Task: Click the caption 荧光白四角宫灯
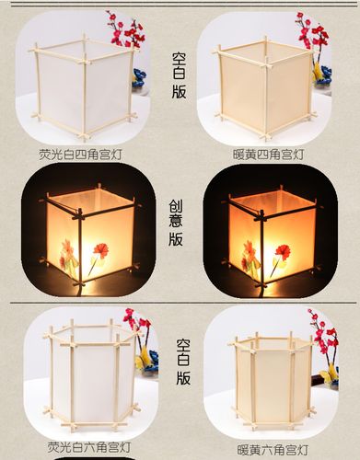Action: [x=80, y=155]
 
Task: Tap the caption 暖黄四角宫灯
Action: [x=268, y=155]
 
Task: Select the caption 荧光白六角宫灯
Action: [x=89, y=447]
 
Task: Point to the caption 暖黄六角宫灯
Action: [x=273, y=451]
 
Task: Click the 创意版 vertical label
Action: [x=176, y=224]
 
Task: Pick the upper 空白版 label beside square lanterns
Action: [x=179, y=75]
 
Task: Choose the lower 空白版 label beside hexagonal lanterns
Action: [x=183, y=362]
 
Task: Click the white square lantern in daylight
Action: [x=84, y=87]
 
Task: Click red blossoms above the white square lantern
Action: [x=126, y=29]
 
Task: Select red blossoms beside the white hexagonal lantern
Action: [x=137, y=325]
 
